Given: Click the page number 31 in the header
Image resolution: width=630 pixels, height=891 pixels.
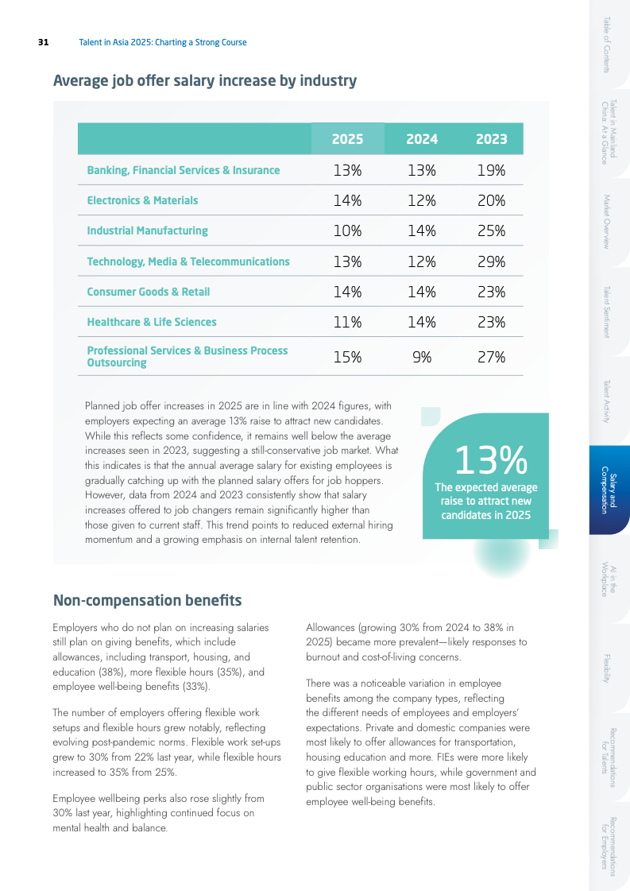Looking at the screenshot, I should point(44,42).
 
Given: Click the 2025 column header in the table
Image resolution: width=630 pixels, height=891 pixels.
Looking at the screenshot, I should point(347,139).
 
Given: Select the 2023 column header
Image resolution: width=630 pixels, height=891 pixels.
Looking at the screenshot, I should point(491,139).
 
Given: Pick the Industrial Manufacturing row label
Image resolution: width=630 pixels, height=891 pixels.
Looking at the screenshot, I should point(147,230).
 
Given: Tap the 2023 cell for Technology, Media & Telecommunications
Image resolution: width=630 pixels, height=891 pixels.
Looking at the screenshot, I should point(491,261).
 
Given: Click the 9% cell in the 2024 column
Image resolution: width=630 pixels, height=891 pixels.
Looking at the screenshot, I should point(422,357).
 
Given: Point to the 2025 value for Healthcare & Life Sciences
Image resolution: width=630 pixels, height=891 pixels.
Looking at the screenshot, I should point(347,322).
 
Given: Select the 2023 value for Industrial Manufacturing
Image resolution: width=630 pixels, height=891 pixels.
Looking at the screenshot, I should point(491,230).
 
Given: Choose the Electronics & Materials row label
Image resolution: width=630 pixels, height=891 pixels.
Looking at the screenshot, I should point(142,200).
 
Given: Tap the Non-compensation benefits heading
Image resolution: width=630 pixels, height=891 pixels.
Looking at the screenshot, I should point(147,599).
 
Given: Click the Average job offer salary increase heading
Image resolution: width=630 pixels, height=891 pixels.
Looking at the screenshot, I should point(204,80).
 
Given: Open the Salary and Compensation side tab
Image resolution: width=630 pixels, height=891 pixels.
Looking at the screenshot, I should point(609,490).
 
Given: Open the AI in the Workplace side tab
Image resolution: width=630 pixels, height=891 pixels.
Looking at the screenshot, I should point(609,579).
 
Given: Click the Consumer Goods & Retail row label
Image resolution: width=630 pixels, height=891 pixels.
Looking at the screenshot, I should point(148,292).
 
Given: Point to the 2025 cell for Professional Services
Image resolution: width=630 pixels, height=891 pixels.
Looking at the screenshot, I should point(347,357).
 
